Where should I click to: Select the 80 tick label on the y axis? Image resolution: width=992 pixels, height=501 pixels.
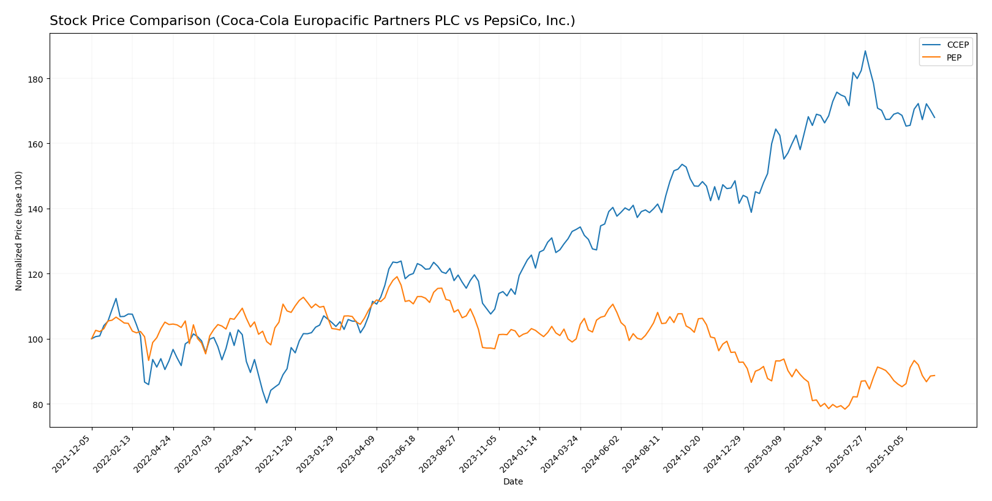39,404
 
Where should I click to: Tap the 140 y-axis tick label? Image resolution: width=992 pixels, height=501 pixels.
36,209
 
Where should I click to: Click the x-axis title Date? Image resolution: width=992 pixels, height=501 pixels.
513,482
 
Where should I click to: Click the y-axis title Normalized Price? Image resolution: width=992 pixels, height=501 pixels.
19,231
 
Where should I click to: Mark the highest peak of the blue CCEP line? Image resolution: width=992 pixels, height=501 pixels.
865,51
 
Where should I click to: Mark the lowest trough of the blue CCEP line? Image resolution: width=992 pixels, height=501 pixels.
266,403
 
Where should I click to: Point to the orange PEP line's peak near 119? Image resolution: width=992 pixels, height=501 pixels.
397,276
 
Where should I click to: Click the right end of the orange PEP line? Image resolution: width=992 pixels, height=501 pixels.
934,376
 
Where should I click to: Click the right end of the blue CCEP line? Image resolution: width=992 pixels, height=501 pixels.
934,117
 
